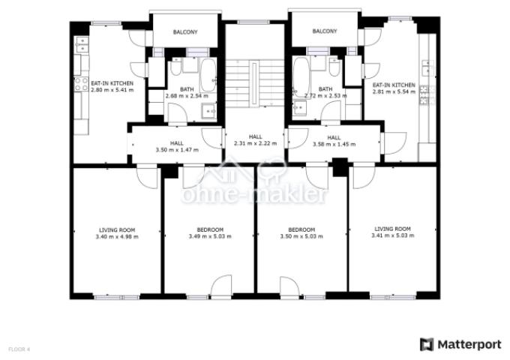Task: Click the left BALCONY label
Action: (x=185, y=32)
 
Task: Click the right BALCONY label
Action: (x=325, y=31)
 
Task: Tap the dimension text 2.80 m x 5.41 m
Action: (x=112, y=90)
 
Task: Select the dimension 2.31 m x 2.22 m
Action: (x=255, y=143)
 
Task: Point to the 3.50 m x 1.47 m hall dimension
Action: (x=177, y=150)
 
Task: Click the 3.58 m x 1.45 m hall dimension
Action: (x=334, y=144)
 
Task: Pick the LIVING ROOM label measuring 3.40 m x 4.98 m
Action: (x=117, y=230)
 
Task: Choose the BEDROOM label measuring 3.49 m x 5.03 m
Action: (x=210, y=229)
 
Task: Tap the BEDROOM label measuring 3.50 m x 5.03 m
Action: (x=301, y=229)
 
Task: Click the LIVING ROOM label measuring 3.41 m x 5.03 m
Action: (x=392, y=229)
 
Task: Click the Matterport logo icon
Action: (x=427, y=345)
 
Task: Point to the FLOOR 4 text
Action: (x=19, y=349)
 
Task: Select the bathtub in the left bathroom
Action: (x=208, y=75)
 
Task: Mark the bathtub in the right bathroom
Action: (x=300, y=76)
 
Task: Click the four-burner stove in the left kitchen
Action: (x=81, y=84)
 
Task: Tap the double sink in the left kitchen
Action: (x=82, y=44)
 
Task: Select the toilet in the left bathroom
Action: (x=176, y=66)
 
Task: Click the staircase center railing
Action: (x=254, y=83)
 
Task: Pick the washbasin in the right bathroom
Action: (x=299, y=108)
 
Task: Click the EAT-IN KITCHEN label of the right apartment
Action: (x=394, y=85)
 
